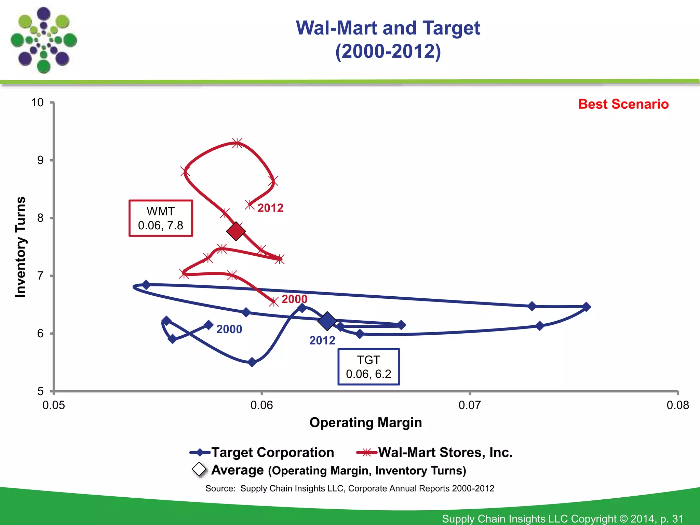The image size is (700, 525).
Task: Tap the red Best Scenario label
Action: [x=623, y=104]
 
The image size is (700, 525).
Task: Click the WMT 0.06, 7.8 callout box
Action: [x=161, y=218]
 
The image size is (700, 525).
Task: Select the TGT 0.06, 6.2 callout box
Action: [x=368, y=367]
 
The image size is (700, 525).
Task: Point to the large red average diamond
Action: [x=236, y=231]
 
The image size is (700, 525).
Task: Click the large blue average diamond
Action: [x=327, y=321]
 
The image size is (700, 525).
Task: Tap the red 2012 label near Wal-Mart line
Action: [x=270, y=208]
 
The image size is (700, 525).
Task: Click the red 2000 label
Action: [x=294, y=299]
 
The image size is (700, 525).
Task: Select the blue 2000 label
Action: [x=229, y=329]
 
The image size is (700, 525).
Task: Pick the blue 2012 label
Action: [x=322, y=340]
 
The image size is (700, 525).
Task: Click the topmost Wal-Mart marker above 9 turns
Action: [x=237, y=143]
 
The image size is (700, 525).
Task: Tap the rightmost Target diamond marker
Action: [x=586, y=307]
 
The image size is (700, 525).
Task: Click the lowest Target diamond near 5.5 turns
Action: [x=252, y=362]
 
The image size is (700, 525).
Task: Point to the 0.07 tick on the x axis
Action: [x=470, y=405]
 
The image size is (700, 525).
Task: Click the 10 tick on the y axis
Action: [x=38, y=102]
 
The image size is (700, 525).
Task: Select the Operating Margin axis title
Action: [x=365, y=422]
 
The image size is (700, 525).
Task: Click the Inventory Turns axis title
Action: [x=21, y=247]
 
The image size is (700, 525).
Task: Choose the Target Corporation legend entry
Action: [x=262, y=452]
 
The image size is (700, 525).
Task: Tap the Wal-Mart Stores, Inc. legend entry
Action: [x=434, y=452]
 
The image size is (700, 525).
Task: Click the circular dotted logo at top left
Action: [x=44, y=40]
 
